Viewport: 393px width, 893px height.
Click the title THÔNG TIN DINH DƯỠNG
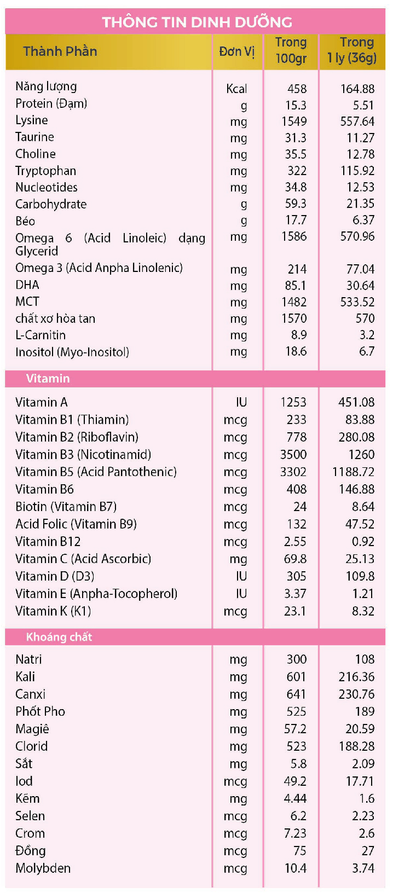(196, 22)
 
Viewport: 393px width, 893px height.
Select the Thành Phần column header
(60, 51)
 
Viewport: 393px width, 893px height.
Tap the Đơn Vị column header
(237, 51)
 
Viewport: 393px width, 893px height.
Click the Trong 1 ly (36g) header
(352, 50)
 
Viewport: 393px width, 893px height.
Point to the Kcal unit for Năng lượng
(236, 89)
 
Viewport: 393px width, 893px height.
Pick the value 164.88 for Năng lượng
(357, 89)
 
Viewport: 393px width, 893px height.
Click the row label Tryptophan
(45, 171)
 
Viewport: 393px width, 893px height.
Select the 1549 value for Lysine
(294, 121)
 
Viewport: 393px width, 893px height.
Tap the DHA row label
(27, 285)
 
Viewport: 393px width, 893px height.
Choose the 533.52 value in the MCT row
(357, 302)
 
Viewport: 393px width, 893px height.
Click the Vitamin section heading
(48, 379)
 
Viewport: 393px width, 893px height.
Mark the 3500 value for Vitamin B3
(293, 455)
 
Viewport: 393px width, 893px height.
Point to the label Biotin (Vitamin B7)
(66, 507)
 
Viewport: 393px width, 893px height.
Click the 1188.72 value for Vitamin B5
(353, 472)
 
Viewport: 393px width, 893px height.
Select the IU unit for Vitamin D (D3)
(241, 576)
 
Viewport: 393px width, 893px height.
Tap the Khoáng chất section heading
(59, 637)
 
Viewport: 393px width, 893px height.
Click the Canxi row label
(30, 694)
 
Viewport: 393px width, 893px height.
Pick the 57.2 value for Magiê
(296, 729)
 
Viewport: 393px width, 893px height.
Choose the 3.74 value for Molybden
(363, 868)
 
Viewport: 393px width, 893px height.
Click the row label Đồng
(31, 851)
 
